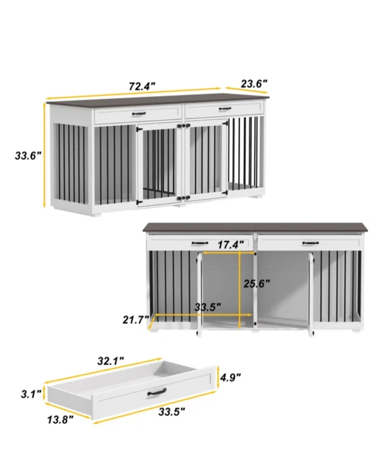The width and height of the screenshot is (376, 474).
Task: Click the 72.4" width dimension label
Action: (x=142, y=86)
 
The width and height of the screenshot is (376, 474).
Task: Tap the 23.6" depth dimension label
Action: (x=254, y=84)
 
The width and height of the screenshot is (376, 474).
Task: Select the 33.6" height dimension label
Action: (x=28, y=156)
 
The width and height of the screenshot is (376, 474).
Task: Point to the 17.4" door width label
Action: (x=231, y=245)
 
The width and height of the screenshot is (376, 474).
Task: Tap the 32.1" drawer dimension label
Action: (x=111, y=367)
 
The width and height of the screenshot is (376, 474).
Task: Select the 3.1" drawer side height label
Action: (x=31, y=394)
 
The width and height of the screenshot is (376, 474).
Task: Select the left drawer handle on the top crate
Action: (x=139, y=114)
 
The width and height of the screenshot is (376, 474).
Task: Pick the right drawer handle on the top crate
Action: (x=225, y=108)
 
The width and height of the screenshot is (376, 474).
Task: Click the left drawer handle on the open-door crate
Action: (x=200, y=243)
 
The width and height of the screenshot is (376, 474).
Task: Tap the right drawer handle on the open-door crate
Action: (x=310, y=243)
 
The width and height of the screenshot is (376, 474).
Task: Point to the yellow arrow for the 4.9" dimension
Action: (x=218, y=378)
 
